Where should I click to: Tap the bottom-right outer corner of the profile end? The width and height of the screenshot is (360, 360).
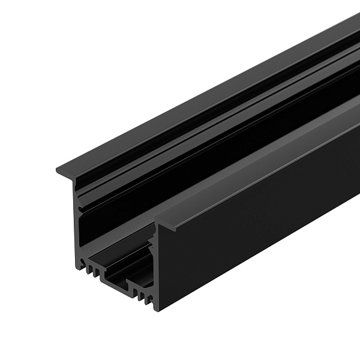pyautogui.click(x=157, y=310)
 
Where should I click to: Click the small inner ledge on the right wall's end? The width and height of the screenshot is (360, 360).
pyautogui.click(x=151, y=240)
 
